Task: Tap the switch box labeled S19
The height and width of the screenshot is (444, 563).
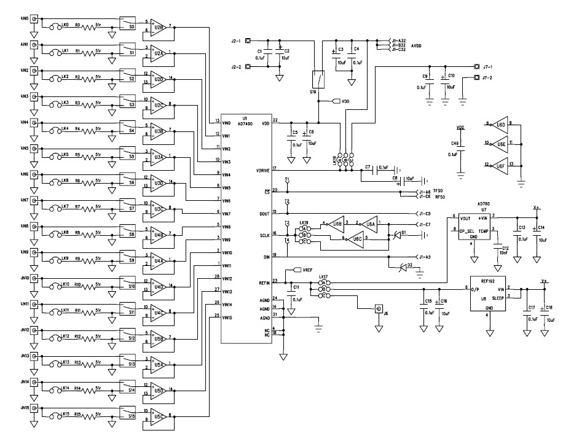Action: [x=318, y=79]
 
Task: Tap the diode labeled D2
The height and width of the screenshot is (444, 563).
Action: [x=403, y=265]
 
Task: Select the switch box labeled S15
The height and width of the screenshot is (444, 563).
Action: [x=128, y=415]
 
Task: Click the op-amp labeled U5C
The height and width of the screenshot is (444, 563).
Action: [x=159, y=416]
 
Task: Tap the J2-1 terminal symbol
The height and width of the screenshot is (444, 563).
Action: [x=247, y=41]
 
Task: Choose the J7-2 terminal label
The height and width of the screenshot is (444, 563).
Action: [x=489, y=78]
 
